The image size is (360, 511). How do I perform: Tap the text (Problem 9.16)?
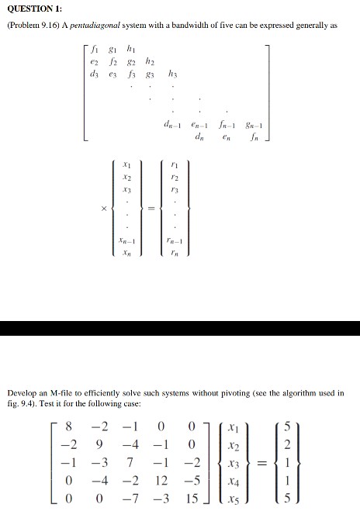(x=36, y=25)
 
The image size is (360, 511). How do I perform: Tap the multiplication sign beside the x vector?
(x=99, y=207)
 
